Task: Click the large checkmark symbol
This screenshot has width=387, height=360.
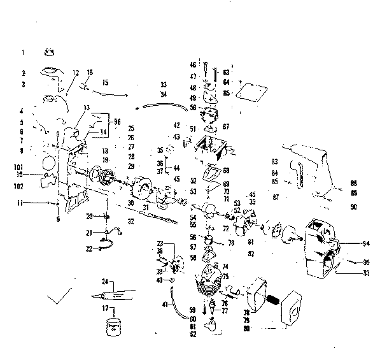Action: pyautogui.click(x=60, y=297)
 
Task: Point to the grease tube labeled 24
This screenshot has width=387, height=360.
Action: pyautogui.click(x=115, y=294)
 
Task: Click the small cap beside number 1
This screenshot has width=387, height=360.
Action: pyautogui.click(x=50, y=52)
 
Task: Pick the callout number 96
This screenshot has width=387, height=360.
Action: pyautogui.click(x=116, y=121)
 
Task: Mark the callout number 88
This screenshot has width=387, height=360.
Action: pyautogui.click(x=354, y=183)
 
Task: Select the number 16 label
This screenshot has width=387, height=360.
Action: pyautogui.click(x=90, y=72)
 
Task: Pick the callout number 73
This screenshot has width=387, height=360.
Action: pyautogui.click(x=231, y=243)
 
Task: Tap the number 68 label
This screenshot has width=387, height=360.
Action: pyautogui.click(x=226, y=170)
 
